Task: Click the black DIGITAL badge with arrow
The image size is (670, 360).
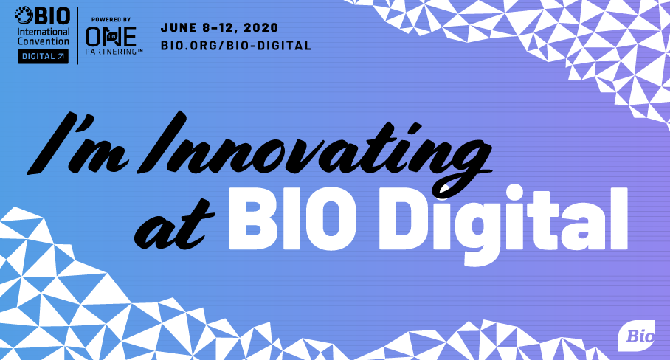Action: [x=43, y=56]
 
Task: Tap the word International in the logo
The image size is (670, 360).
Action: [x=43, y=32]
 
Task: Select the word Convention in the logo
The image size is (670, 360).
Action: [x=43, y=41]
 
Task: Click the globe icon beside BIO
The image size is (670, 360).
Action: [x=24, y=15]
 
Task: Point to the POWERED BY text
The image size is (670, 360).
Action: [x=111, y=20]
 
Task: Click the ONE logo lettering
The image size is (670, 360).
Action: [x=111, y=36]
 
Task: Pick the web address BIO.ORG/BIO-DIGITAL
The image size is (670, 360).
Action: [x=236, y=45]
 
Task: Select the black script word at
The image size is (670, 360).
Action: [x=174, y=226]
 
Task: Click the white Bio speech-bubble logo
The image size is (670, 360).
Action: [x=636, y=336]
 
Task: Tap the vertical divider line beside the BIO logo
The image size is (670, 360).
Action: [x=77, y=36]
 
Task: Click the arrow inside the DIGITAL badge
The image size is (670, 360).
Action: [x=61, y=56]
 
